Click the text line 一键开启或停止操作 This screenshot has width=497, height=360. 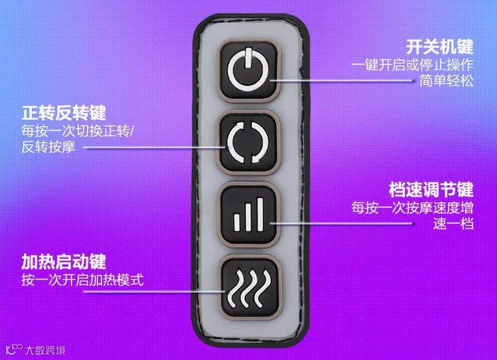413,66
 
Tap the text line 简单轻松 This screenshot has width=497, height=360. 445,82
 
